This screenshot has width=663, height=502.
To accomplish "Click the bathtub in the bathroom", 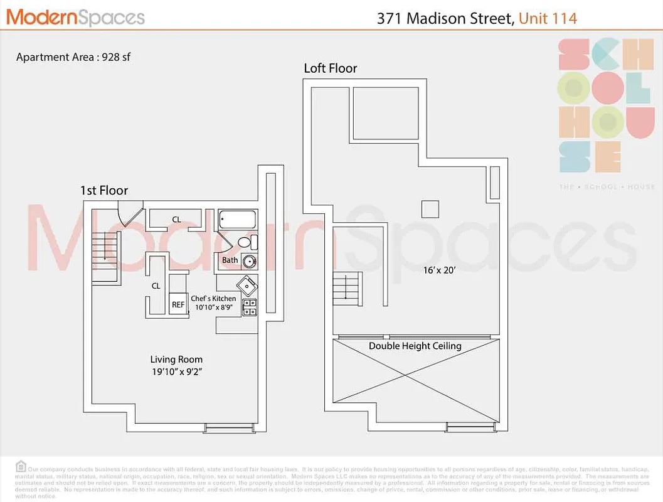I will pos(238,220).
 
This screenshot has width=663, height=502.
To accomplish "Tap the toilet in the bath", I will pos(246,242).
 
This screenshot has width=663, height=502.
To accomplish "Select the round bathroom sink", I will pos(249,262).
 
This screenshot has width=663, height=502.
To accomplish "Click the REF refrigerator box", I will pos(178,304).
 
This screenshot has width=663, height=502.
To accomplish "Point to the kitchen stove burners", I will pos(249,307).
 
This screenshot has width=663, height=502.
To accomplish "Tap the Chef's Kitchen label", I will pos(213,299).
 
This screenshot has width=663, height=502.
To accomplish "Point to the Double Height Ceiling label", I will pos(415,346).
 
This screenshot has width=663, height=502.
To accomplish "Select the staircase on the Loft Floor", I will pos(347,289).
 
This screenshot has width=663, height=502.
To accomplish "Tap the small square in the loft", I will pos(430,208).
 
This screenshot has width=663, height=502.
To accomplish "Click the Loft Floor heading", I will pos(331,68).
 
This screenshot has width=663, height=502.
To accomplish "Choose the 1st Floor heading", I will pos(104,190).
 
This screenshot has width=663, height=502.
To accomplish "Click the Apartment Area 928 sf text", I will pos(73,57).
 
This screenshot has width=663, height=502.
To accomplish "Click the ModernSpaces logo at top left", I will pos(75,18).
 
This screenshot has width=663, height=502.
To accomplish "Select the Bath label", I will pos(230,260).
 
